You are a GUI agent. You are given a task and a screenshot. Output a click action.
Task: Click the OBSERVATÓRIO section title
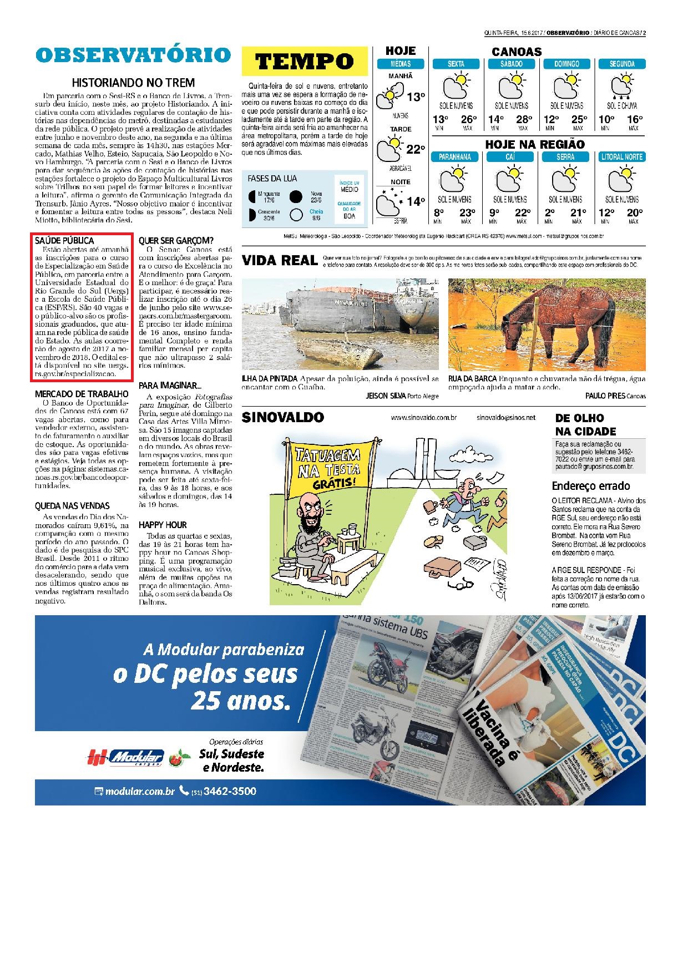pyautogui.click(x=133, y=55)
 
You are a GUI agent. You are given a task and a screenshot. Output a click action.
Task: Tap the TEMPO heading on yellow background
pyautogui.click(x=305, y=61)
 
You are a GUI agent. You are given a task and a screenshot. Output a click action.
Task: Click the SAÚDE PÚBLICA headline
pyautogui.click(x=64, y=241)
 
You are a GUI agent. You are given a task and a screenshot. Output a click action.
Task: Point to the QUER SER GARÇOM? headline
pyautogui.click(x=176, y=241)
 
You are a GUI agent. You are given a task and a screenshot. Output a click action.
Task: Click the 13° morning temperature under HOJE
pyautogui.click(x=415, y=98)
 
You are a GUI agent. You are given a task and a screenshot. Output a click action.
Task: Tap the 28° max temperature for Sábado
pyautogui.click(x=523, y=119)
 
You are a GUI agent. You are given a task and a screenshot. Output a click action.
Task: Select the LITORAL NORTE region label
pyautogui.click(x=621, y=157)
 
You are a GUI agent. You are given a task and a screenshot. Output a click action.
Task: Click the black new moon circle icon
pyautogui.click(x=296, y=196)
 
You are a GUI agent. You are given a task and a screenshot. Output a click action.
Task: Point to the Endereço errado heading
pyautogui.click(x=591, y=486)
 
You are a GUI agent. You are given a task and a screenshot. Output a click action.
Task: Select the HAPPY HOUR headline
pyautogui.click(x=163, y=525)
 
